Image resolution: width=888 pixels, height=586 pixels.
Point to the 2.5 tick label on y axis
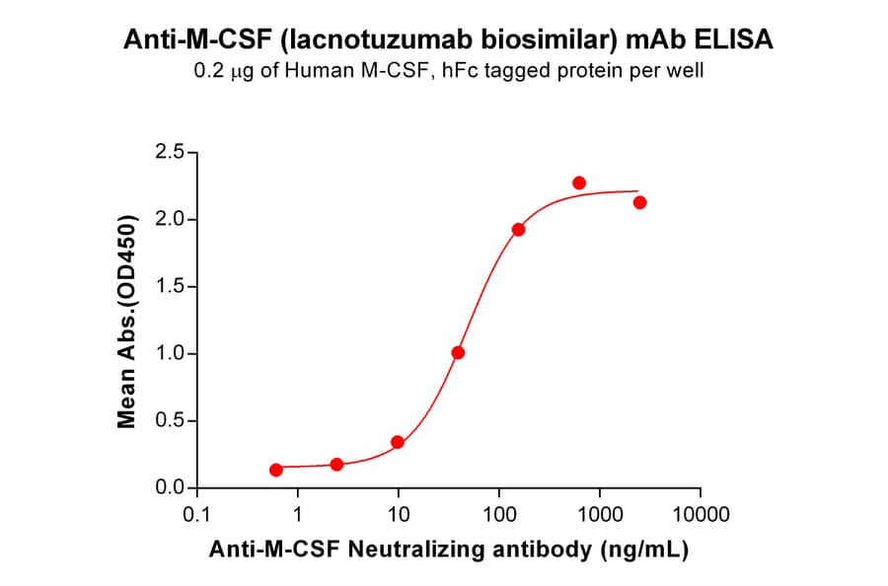(170, 152)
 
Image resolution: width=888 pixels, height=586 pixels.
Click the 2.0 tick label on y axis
(170, 219)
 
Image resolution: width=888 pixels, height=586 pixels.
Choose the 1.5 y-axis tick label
(170, 286)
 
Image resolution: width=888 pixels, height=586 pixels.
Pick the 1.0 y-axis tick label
(170, 353)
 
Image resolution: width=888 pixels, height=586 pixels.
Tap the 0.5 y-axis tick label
(170, 421)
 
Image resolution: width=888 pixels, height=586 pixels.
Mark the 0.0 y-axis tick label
(170, 488)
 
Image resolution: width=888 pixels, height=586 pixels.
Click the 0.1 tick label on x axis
(197, 515)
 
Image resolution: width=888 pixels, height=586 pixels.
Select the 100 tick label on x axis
(499, 515)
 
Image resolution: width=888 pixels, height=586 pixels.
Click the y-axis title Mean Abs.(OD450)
(126, 320)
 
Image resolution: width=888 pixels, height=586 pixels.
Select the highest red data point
(579, 183)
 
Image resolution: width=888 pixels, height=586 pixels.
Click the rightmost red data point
(639, 202)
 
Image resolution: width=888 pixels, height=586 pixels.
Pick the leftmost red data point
(276, 470)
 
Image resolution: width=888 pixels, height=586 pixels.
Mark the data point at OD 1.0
(458, 352)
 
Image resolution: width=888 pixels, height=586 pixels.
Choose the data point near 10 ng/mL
(398, 442)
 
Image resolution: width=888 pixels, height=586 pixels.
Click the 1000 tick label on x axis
(599, 515)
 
